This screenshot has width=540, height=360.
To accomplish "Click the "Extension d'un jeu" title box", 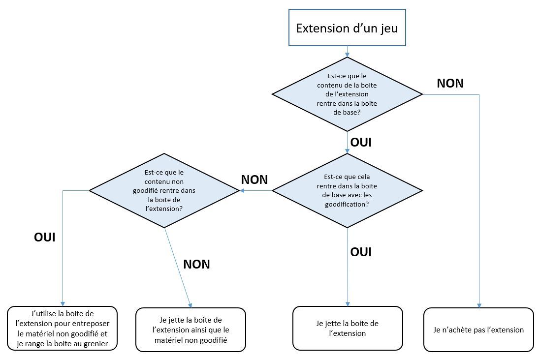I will click(x=347, y=28).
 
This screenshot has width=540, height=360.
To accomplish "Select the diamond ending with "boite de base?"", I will click(x=347, y=94).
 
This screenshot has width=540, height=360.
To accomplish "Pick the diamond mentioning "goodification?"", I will click(x=347, y=190).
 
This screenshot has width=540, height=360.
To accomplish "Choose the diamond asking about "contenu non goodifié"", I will click(x=164, y=190).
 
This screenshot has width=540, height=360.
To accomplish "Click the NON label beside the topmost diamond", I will click(x=450, y=83).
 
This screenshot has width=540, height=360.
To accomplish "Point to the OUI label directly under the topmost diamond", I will click(x=360, y=143).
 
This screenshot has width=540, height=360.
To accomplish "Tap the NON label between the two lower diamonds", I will click(x=254, y=180).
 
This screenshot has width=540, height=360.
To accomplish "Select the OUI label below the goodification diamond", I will click(x=360, y=252).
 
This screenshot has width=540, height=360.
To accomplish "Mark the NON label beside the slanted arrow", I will click(x=196, y=264).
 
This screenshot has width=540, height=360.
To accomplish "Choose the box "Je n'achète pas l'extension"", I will click(x=478, y=330).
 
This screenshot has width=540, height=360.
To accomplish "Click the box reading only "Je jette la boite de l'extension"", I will click(x=348, y=328).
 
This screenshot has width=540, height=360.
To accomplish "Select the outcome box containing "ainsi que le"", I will click(x=191, y=330).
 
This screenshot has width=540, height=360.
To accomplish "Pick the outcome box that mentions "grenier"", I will click(x=62, y=328).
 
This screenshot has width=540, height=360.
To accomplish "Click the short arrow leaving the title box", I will click(x=347, y=52).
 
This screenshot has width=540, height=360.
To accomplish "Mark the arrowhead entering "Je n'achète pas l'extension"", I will click(x=479, y=305).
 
